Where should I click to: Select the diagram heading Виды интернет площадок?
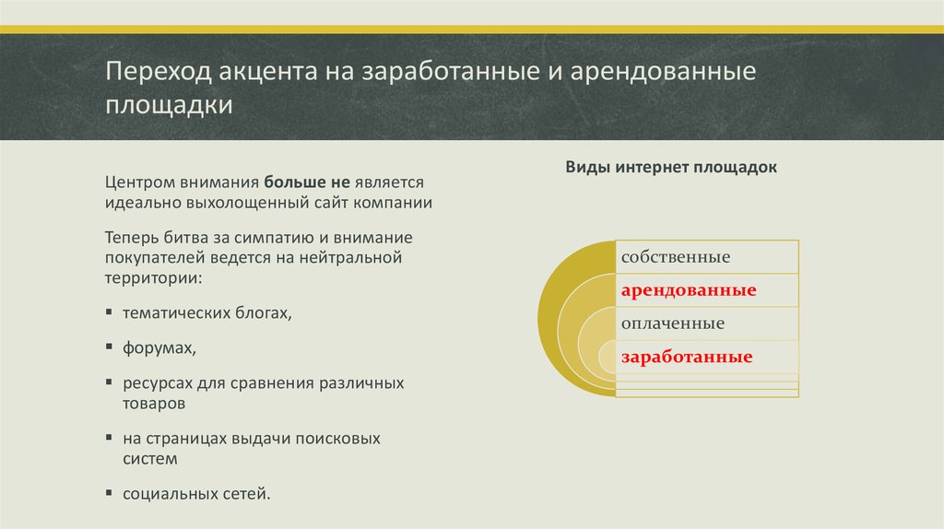pyautogui.click(x=670, y=168)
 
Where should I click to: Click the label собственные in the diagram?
pyautogui.click(x=676, y=256)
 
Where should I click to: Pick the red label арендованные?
pyautogui.click(x=688, y=290)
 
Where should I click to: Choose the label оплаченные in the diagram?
pyautogui.click(x=672, y=323)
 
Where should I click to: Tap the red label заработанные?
pyautogui.click(x=686, y=357)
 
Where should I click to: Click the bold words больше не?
pyautogui.click(x=300, y=182)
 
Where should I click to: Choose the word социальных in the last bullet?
pyautogui.click(x=166, y=493)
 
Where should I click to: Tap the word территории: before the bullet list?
pyautogui.click(x=153, y=276)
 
